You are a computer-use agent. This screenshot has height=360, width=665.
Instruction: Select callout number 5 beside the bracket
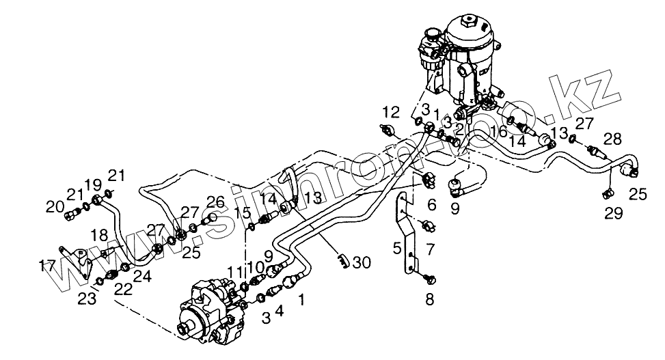click(x=396, y=248)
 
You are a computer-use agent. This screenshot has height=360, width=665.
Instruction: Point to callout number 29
click(x=613, y=214)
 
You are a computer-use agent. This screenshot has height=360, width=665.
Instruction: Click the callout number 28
click(x=612, y=140)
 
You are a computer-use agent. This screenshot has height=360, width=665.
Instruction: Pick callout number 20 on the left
click(x=54, y=206)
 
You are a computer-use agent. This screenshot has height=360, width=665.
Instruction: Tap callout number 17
click(x=48, y=265)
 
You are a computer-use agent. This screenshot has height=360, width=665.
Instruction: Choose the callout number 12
click(x=390, y=111)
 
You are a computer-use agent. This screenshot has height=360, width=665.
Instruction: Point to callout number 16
click(x=498, y=130)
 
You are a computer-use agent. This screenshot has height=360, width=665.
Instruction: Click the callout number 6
click(x=431, y=204)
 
